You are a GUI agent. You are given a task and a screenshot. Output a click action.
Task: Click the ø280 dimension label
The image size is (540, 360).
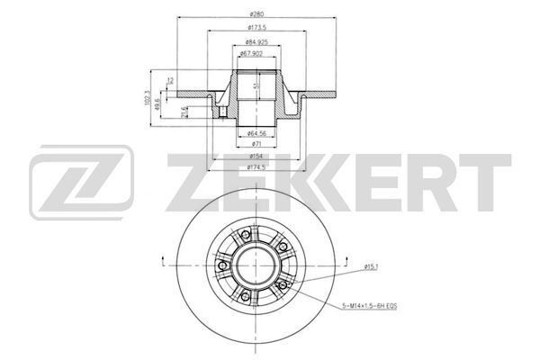[256, 13]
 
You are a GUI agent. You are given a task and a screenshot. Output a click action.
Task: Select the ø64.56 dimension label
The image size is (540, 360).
[257, 133]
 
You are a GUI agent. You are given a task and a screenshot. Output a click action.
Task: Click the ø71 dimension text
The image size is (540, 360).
[257, 145]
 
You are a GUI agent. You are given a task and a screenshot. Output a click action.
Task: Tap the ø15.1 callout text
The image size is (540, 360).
[372, 266]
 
